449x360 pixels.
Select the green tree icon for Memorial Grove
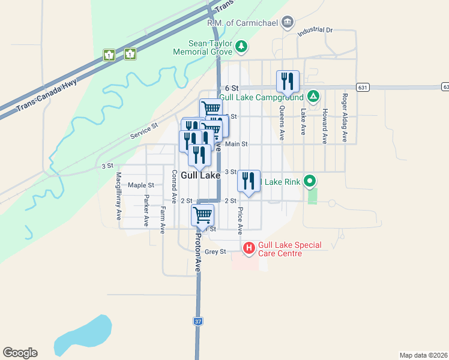pos(241,46)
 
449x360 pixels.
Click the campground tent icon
pos(313,96)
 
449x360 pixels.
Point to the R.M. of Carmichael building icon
pos(288,22)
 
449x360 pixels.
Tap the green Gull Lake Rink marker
pos(310,180)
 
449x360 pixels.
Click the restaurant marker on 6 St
pos(288,82)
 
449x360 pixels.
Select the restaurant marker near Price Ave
pos(249,181)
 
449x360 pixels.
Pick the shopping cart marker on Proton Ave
pos(203,215)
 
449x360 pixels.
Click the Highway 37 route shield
pos(198,322)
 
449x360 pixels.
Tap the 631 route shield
pos(362,87)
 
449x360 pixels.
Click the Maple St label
pos(141,185)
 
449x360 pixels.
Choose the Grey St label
pos(215,251)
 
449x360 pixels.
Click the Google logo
pos(20,353)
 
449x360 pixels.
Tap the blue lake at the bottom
pos(84,336)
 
